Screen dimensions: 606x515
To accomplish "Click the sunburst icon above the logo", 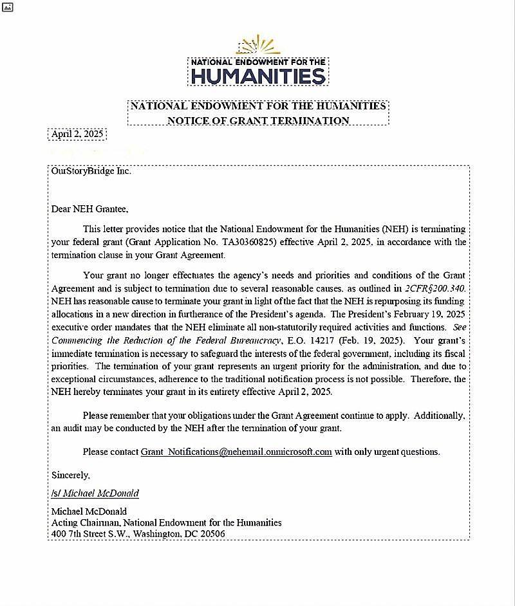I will point(258,45).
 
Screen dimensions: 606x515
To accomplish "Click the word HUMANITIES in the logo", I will point(258,77).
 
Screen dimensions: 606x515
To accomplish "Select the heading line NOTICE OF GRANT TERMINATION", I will point(258,120).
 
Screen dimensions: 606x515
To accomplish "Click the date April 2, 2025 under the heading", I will point(77,134).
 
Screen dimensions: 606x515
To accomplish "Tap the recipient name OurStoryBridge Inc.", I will point(91,171).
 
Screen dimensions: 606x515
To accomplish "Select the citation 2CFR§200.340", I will point(435,288).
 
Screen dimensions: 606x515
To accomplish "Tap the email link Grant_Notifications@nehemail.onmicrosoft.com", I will point(236,452).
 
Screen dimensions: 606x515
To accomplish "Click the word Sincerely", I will point(70,475).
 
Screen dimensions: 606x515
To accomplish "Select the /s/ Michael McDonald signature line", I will point(95,493).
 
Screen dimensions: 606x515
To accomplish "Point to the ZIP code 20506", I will point(211,533).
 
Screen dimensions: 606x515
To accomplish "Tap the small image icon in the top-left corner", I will point(8,6).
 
